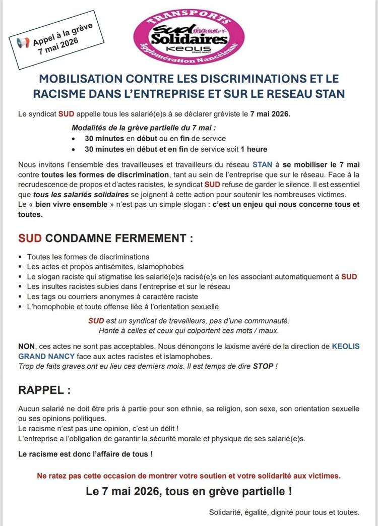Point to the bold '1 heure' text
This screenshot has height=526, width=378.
pyautogui.click(x=254, y=149)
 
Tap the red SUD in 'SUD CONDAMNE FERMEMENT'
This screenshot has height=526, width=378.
pyautogui.click(x=31, y=238)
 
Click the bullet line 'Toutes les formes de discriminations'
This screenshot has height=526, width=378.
pyautogui.click(x=88, y=257)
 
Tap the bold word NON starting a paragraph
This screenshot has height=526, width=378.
pyautogui.click(x=26, y=346)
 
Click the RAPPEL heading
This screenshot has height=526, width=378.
pyautogui.click(x=44, y=390)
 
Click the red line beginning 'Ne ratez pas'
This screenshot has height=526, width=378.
pyautogui.click(x=188, y=475)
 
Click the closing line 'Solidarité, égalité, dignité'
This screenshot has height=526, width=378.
pyautogui.click(x=284, y=512)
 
